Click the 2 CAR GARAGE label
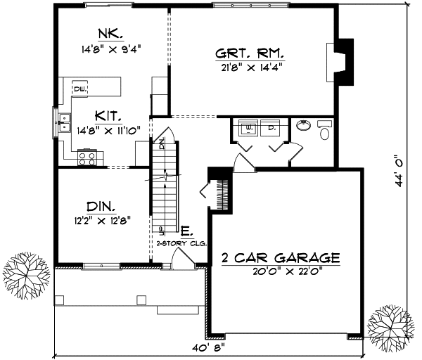click(x=280, y=258)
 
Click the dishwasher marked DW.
click(x=81, y=89)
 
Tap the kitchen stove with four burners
click(x=87, y=158)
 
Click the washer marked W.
click(x=249, y=129)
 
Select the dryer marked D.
click(x=271, y=129)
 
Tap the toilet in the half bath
click(x=326, y=131)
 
